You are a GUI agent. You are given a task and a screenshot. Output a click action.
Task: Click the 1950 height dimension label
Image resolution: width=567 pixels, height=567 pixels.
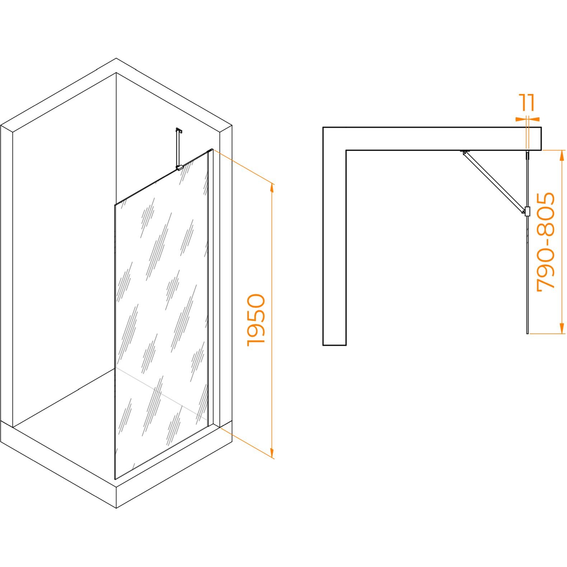(x=256, y=320)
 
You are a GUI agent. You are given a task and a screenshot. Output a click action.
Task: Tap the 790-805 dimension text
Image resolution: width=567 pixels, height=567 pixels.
(x=545, y=241)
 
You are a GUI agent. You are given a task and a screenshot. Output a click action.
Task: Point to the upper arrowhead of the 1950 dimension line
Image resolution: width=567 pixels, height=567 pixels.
(x=272, y=188)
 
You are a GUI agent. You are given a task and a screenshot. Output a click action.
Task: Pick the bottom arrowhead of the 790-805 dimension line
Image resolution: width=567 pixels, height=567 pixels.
(x=562, y=328)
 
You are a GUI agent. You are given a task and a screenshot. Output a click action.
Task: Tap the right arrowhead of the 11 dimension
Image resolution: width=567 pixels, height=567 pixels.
(x=534, y=119)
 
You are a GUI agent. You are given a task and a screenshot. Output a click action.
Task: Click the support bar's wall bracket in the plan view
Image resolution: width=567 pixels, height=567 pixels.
(x=465, y=151)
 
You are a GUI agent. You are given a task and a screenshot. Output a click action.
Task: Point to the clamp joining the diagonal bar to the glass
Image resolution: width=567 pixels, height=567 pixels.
(x=527, y=211)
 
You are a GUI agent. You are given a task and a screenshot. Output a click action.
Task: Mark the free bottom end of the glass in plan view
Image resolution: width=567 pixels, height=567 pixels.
(x=527, y=333)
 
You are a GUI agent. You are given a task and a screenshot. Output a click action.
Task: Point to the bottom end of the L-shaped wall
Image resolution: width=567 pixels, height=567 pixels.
(x=334, y=345)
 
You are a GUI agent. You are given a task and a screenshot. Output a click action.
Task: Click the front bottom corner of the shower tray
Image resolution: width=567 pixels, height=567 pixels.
(x=116, y=508)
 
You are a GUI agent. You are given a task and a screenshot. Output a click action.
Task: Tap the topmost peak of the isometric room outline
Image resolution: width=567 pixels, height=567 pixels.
(x=116, y=58)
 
